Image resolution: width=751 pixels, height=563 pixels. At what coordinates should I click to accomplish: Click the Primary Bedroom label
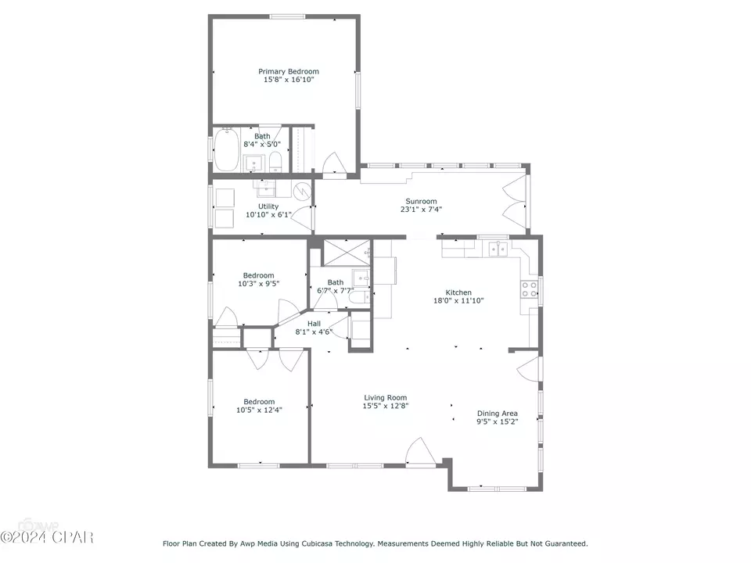coord(289,71)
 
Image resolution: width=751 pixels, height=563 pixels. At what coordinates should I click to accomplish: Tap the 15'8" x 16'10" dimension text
coord(289,80)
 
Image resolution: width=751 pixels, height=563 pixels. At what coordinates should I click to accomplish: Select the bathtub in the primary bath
coord(226,149)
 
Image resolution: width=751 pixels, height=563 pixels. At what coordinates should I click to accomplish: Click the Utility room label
coord(268,206)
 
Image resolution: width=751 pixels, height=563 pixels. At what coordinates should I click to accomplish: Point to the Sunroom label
coord(421,201)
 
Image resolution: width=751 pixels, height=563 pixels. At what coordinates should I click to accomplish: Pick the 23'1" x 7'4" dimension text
coord(421,210)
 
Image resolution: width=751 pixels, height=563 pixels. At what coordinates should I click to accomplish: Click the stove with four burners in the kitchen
coord(530,289)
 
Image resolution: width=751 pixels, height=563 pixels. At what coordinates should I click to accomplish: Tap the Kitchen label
coord(458,292)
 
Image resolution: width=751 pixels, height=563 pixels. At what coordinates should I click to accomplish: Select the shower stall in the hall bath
coord(347,252)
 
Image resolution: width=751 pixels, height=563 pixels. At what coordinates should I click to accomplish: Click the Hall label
coord(314,324)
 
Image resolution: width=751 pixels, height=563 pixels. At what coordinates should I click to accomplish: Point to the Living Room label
coord(385,397)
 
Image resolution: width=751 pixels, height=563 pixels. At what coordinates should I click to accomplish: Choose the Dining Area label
coord(498,413)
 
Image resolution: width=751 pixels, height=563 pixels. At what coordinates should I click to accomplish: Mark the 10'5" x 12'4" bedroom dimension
coord(259,410)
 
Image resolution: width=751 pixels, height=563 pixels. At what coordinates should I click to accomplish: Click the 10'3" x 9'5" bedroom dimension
coord(259,283)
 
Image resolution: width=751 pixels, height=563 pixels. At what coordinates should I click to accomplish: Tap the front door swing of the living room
coord(421,451)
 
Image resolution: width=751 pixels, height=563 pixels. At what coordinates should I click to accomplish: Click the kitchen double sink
coord(498,249)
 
